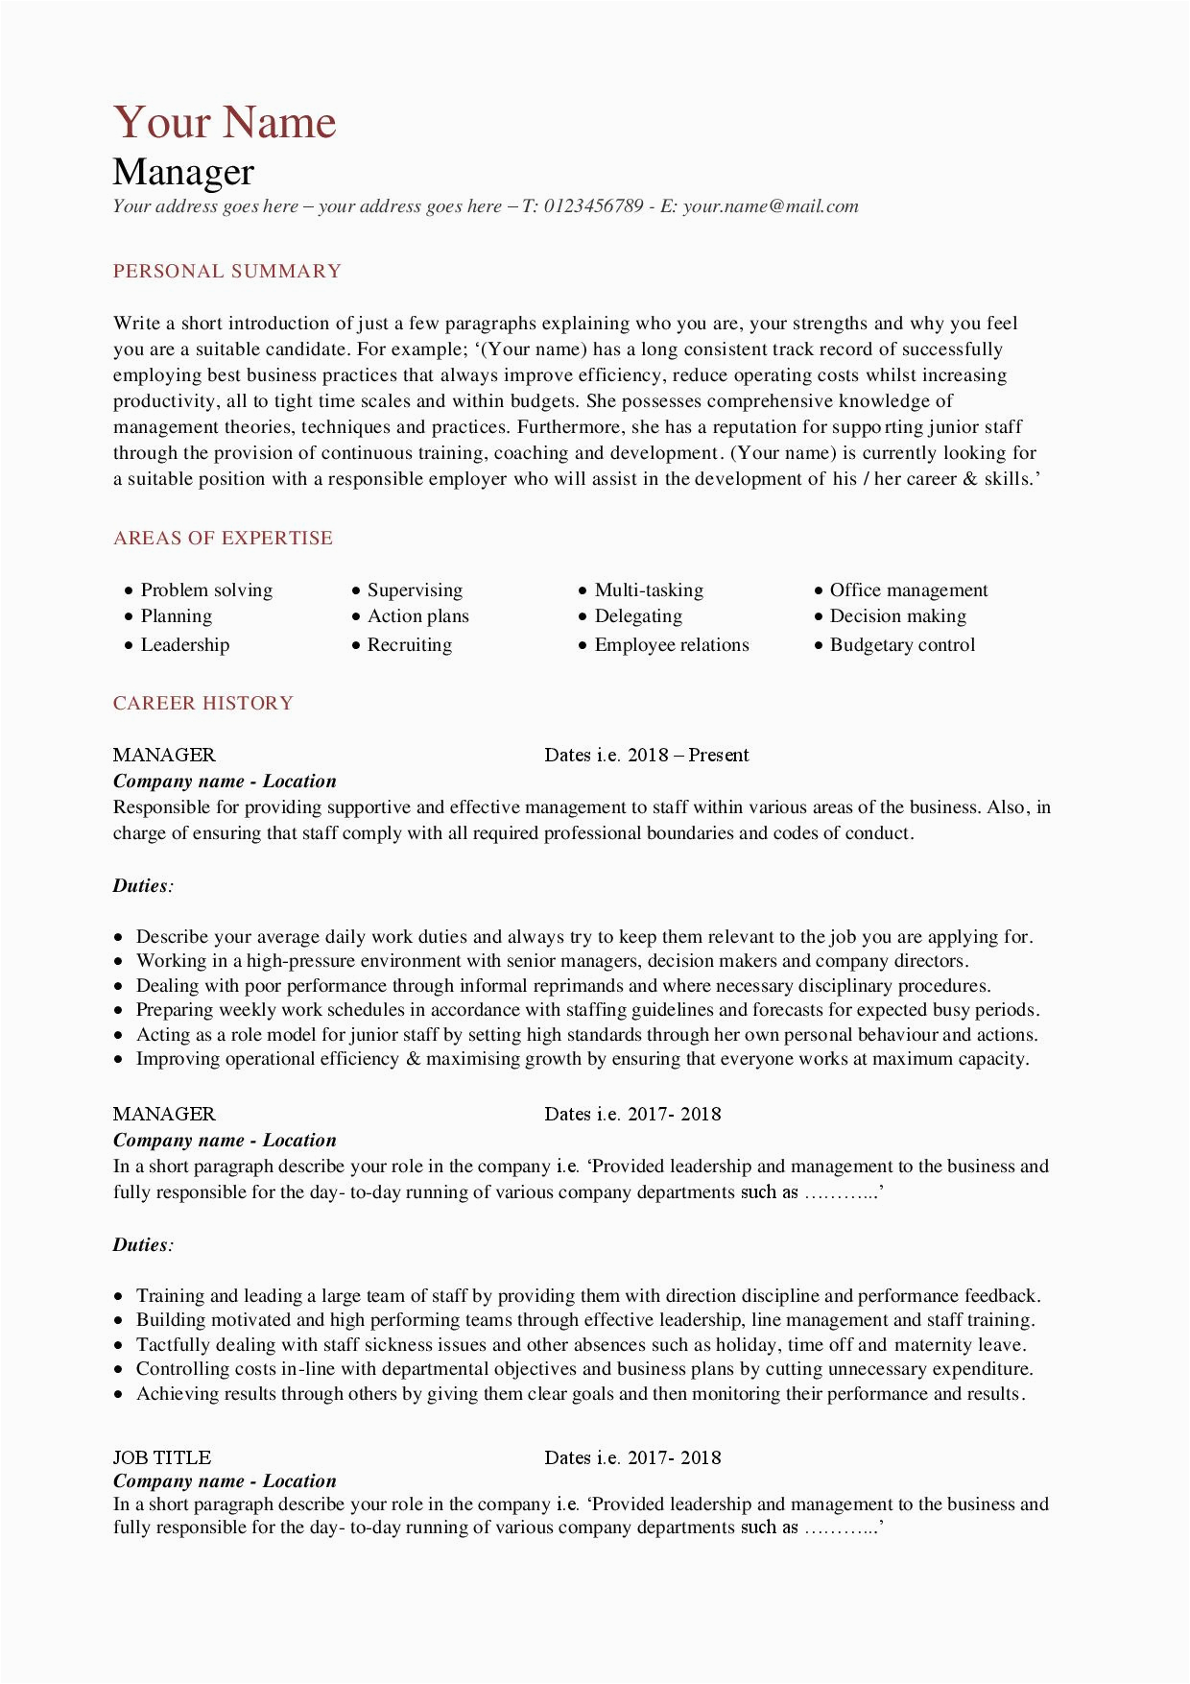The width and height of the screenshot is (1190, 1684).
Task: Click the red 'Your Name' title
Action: [x=225, y=123]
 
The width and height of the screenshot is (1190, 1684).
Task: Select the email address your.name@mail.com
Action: [x=771, y=206]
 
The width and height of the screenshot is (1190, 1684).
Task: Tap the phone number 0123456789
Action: [x=593, y=206]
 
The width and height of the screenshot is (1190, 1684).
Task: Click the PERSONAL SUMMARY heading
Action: [x=227, y=272]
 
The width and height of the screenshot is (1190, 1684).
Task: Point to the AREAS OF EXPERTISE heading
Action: [x=223, y=539]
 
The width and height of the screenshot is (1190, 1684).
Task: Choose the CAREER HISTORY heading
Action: [x=203, y=704]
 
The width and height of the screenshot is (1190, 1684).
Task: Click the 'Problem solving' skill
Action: [x=206, y=590]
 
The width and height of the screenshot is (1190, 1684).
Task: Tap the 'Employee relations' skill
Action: [x=672, y=645]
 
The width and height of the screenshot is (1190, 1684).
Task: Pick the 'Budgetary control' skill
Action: [x=902, y=645]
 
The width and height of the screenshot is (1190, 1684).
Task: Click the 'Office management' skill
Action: [x=908, y=590]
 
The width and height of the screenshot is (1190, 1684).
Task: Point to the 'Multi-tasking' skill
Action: [x=649, y=590]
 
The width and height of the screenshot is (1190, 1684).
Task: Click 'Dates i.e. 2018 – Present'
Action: [x=646, y=756]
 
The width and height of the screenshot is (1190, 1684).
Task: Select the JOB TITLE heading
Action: [x=162, y=1457]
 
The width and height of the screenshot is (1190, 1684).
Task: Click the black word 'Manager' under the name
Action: [x=183, y=173]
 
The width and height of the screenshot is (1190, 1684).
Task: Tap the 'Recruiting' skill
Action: [x=410, y=645]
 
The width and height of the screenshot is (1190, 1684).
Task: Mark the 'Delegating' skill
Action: [x=638, y=616]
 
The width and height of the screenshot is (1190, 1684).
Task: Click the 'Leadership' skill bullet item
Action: [x=185, y=645]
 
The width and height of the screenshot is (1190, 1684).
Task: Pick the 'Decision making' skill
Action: [x=897, y=616]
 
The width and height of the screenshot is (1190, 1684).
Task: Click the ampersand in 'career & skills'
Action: [x=970, y=479]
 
